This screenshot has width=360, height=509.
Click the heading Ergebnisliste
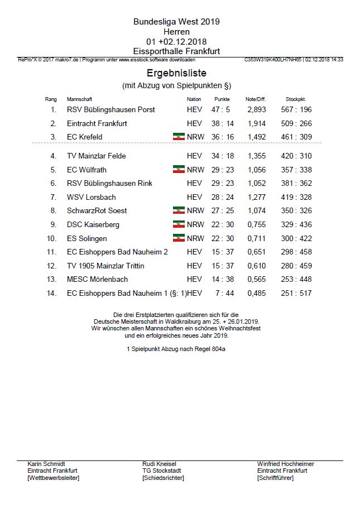(176, 73)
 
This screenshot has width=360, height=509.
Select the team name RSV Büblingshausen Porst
(111, 110)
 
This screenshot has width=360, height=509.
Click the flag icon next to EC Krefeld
(179, 137)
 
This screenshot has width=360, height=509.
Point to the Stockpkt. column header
(296, 99)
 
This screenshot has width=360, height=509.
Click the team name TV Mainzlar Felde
(96, 156)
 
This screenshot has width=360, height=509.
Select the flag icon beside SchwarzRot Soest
(179, 210)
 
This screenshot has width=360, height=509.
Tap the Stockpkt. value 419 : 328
(296, 197)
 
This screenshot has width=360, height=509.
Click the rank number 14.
(52, 293)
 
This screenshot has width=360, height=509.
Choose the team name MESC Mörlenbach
(97, 279)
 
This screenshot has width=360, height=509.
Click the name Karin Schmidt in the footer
(46, 464)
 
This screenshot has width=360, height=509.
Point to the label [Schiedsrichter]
(163, 478)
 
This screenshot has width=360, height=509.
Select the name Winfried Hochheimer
(285, 464)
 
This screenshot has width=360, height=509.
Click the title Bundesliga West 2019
(176, 22)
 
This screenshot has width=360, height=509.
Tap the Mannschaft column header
(79, 99)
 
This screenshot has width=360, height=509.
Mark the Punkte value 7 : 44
(222, 293)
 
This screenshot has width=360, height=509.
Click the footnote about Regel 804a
(176, 349)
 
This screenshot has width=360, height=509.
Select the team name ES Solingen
(87, 238)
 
